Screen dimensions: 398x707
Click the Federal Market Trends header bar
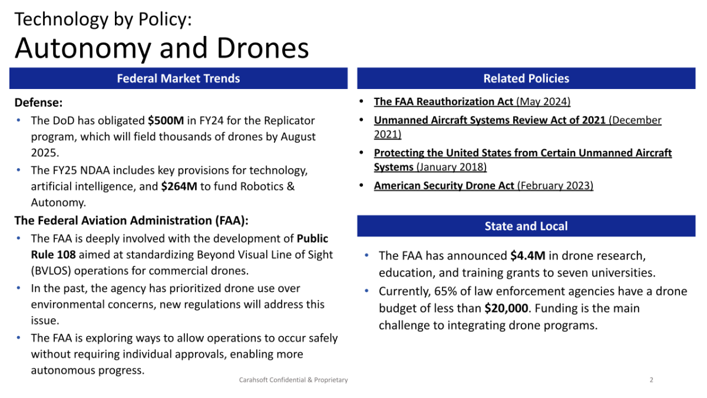(178, 78)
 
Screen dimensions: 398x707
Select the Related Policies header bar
(526, 78)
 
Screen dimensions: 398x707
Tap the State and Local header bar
(526, 226)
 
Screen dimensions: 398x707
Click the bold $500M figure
(166, 120)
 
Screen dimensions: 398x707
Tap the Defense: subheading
(38, 103)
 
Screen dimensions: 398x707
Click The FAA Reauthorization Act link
(444, 101)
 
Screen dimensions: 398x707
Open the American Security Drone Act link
(445, 186)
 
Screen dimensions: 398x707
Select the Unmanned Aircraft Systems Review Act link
(490, 120)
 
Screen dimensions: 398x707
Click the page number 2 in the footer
(651, 380)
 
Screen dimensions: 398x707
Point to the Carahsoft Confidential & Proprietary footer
(293, 380)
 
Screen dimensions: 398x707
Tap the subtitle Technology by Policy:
(103, 19)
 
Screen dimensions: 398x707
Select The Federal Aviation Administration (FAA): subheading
(131, 221)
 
